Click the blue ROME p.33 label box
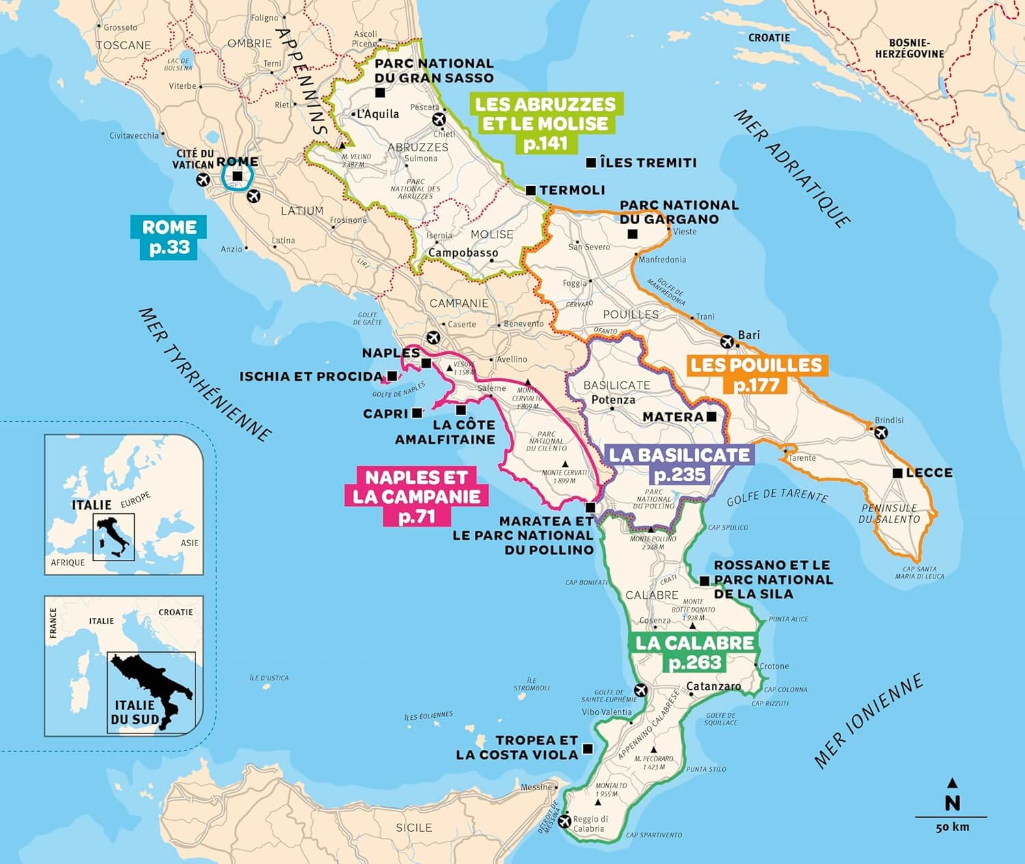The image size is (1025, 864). (x=168, y=237)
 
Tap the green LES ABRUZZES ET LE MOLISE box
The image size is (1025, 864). (x=545, y=123)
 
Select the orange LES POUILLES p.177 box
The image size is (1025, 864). (x=756, y=375)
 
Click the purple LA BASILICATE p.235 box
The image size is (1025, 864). (x=679, y=465)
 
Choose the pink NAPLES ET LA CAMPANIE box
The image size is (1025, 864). (x=416, y=496)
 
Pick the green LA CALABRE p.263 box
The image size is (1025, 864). (x=695, y=652)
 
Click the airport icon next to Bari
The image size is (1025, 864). (x=727, y=341)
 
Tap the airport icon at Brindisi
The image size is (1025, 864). (x=881, y=432)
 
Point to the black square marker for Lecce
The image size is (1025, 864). (x=898, y=473)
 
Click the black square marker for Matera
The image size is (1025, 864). (x=711, y=416)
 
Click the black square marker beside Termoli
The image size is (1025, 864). (x=530, y=191)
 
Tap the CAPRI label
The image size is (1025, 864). (x=385, y=414)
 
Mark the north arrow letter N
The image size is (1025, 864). (x=952, y=802)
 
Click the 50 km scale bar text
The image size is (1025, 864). (x=952, y=827)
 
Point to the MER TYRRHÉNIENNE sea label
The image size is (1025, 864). (x=205, y=373)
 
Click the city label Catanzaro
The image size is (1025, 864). (x=713, y=686)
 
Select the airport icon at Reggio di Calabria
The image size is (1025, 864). (x=564, y=820)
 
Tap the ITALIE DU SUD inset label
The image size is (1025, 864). (x=135, y=712)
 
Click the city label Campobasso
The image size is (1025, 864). (x=463, y=253)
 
